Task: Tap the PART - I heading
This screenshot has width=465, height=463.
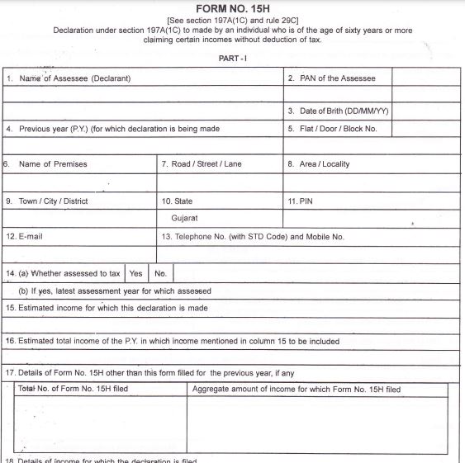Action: (x=234, y=59)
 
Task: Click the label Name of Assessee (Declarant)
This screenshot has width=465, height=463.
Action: (x=75, y=78)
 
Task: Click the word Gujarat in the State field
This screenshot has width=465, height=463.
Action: (x=184, y=219)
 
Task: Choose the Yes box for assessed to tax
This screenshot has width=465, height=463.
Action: (x=135, y=273)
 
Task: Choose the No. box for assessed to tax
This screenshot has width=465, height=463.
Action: (x=160, y=273)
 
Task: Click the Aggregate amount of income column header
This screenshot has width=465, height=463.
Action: (x=297, y=390)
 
